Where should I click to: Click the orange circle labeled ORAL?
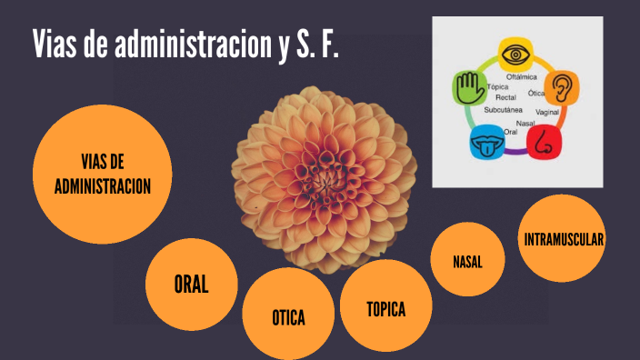click(x=192, y=285)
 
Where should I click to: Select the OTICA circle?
click(x=287, y=316)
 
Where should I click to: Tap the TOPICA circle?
click(x=385, y=306)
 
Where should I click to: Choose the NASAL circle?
click(x=467, y=261)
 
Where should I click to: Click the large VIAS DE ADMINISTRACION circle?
click(x=102, y=174)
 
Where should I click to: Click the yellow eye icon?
click(x=515, y=54)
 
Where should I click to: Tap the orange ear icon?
click(x=562, y=87)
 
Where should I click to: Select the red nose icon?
click(x=544, y=140)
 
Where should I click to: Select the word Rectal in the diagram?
click(x=505, y=97)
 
